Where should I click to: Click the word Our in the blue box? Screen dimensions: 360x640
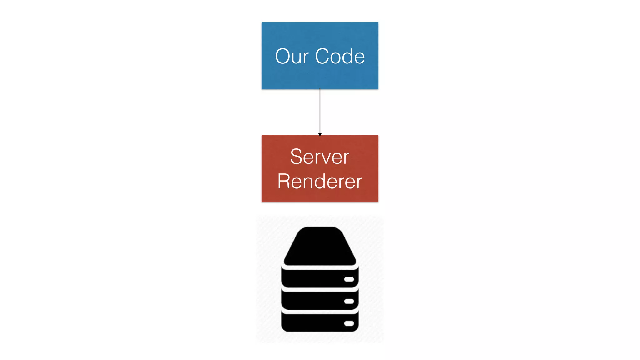click(292, 57)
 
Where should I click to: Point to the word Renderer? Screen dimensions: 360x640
click(320, 181)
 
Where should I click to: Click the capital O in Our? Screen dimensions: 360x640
click(283, 57)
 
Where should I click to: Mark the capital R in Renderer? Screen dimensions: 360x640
click(284, 181)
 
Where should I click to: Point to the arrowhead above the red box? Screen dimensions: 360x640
click(320, 135)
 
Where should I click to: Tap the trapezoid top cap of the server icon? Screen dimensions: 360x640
click(320, 247)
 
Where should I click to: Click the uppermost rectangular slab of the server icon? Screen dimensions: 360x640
click(312, 278)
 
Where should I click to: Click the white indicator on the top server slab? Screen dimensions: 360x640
click(349, 279)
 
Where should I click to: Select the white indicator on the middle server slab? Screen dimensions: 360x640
click(349, 301)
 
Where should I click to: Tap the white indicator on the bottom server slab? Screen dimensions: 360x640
click(349, 323)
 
